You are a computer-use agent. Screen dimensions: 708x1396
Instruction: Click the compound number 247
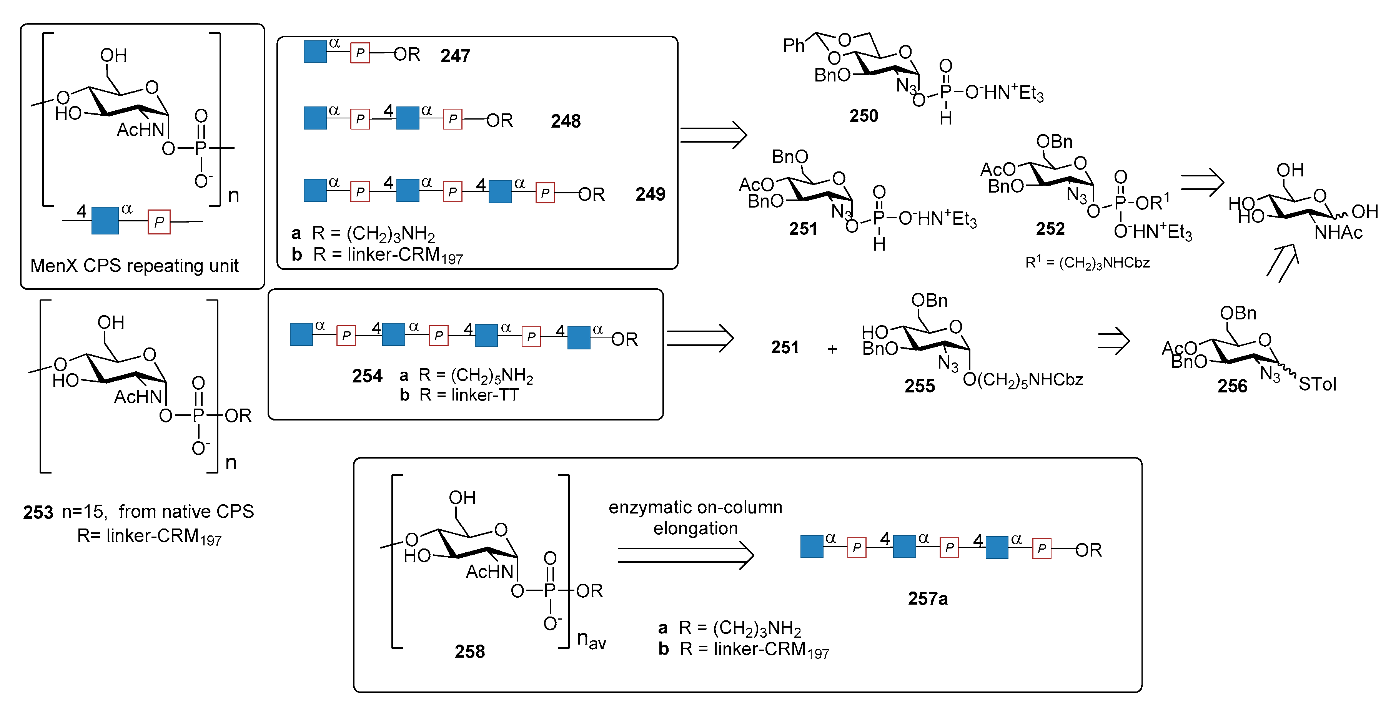pos(455,56)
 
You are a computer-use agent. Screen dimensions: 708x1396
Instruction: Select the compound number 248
pos(565,121)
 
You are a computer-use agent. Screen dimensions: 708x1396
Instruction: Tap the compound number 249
pos(650,194)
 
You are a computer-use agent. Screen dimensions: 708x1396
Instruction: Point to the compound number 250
pos(863,116)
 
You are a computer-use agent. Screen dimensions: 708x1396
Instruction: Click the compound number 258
pos(469,651)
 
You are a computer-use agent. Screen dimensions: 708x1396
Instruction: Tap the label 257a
pos(927,598)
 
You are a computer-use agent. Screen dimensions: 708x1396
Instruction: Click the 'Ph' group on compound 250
pos(794,45)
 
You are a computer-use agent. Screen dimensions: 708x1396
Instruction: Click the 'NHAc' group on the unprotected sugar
pos(1338,233)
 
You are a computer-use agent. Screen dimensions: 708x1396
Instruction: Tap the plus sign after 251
pos(832,349)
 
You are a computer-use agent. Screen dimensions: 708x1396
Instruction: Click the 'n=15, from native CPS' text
pos(157,511)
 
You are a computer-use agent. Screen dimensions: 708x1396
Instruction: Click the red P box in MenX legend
pos(159,221)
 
